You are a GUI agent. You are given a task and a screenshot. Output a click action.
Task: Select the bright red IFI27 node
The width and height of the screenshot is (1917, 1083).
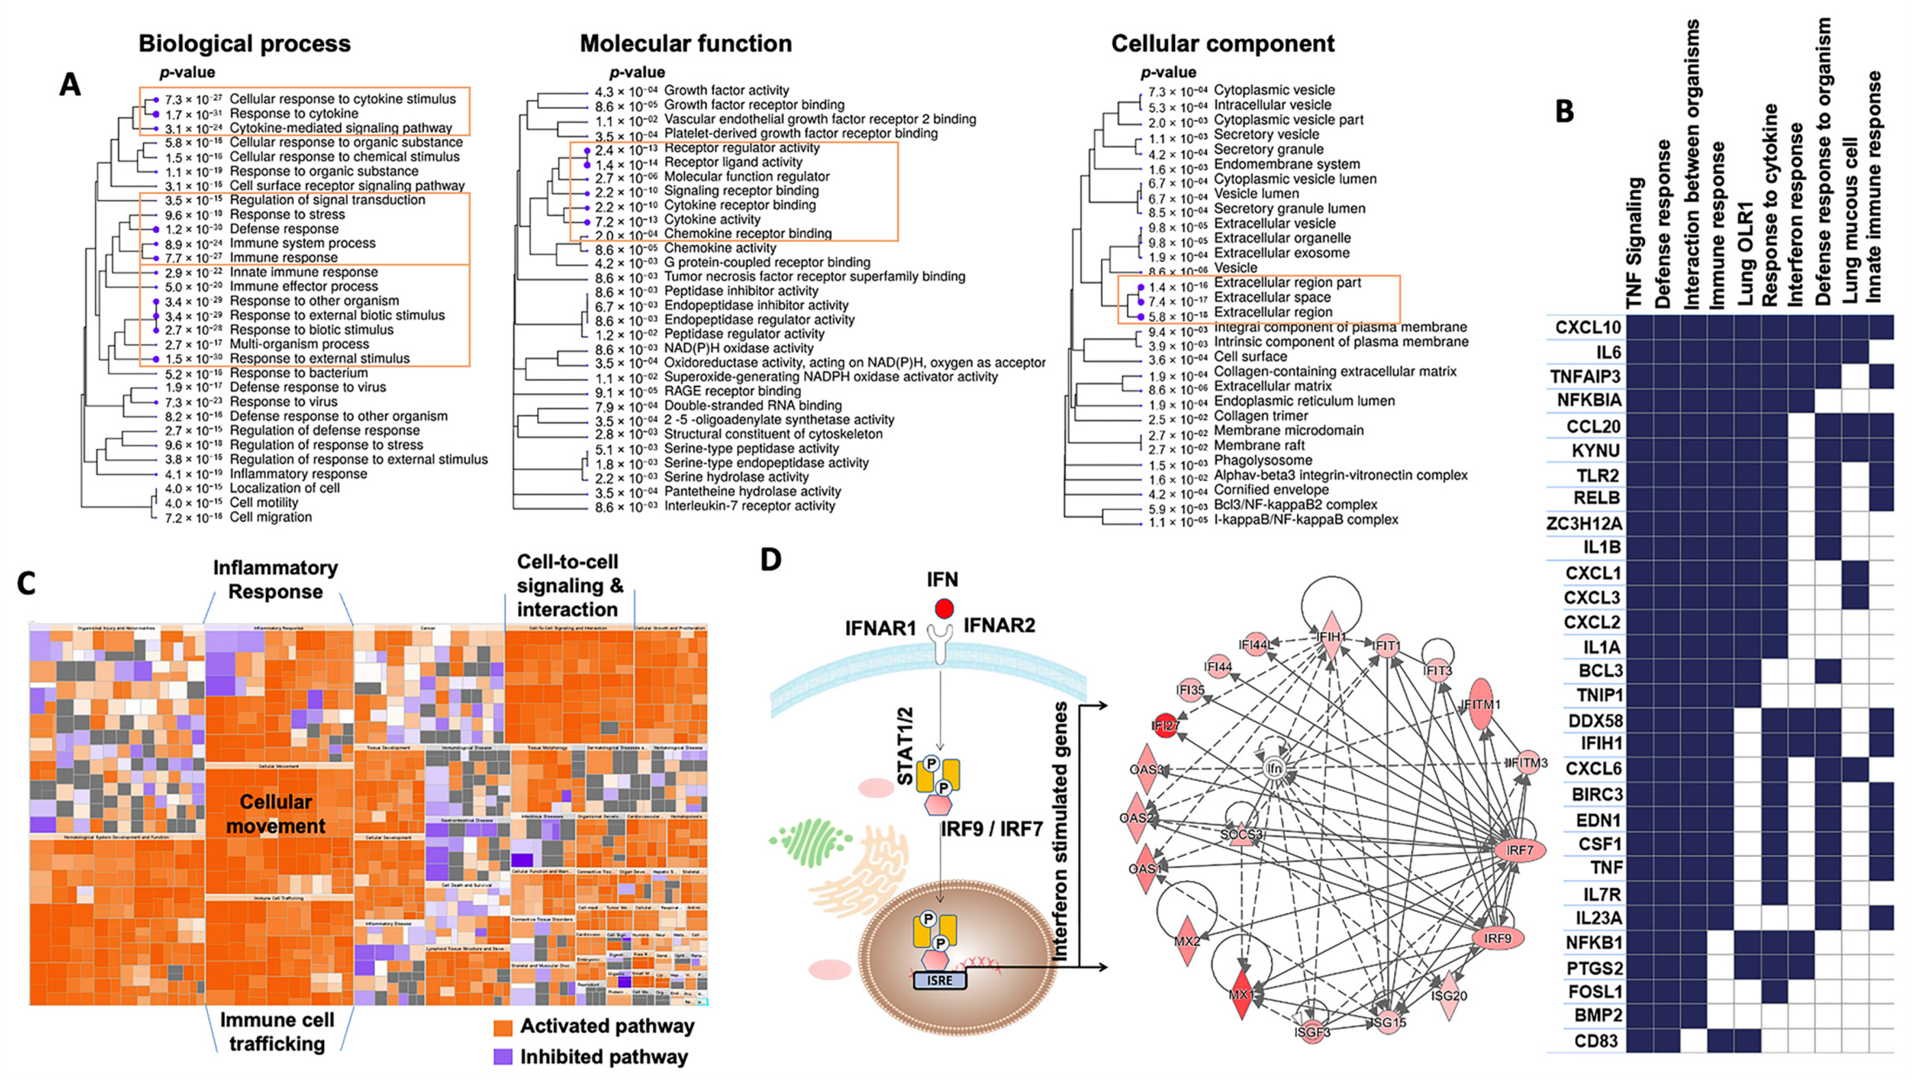click(x=1165, y=726)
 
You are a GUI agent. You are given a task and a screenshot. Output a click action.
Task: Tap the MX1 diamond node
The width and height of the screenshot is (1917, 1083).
click(x=1240, y=994)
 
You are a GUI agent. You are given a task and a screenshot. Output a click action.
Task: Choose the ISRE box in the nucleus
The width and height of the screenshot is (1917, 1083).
click(x=939, y=980)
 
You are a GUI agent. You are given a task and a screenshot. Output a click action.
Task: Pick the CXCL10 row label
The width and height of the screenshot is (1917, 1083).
click(x=1587, y=327)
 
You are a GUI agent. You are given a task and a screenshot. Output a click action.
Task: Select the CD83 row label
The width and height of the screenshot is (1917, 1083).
click(x=1596, y=1041)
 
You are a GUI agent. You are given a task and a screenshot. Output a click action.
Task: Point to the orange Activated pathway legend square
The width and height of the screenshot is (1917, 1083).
click(x=503, y=1027)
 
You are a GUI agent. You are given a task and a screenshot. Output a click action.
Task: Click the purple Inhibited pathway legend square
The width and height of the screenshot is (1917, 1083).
click(x=503, y=1057)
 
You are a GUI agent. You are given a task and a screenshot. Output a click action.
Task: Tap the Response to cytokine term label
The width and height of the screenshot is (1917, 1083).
click(x=294, y=114)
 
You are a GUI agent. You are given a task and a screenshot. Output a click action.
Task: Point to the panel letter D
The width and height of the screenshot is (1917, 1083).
click(x=770, y=558)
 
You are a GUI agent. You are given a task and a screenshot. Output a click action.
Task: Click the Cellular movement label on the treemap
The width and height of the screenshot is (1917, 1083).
click(x=276, y=814)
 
